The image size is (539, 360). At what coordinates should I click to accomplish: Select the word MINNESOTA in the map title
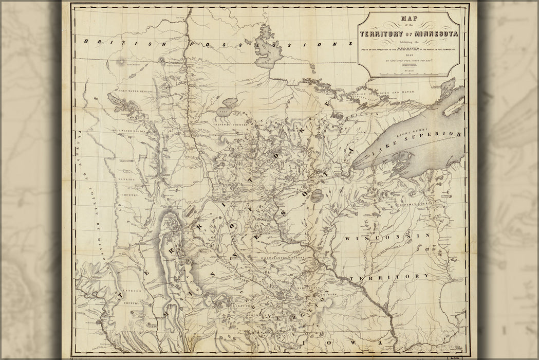point(430,34)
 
